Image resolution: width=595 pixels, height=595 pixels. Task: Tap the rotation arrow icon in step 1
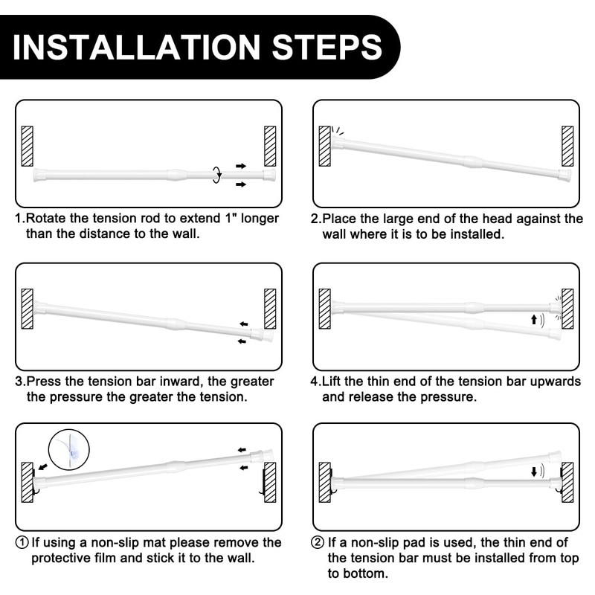point(216,174)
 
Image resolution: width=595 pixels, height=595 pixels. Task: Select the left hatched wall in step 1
point(28,146)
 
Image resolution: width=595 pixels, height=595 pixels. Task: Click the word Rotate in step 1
point(50,219)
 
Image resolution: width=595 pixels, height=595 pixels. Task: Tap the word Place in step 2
point(344,219)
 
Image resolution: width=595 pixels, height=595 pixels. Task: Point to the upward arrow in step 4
point(533,320)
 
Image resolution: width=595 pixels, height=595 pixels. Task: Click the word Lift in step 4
point(335,382)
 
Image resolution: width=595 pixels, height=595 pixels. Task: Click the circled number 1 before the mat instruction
point(22,543)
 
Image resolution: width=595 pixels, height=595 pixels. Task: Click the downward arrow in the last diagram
point(533,472)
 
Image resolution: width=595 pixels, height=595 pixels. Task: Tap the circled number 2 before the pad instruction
point(319,543)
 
